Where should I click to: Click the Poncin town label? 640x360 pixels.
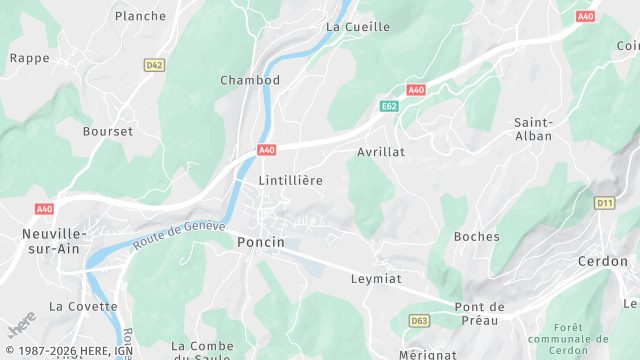261,242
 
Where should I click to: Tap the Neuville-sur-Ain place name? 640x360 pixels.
47,241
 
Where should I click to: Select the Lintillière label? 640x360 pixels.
291,180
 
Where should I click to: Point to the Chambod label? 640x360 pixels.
250,80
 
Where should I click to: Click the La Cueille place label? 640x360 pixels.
358,27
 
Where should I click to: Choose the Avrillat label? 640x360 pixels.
381,152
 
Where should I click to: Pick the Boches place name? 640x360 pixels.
476,237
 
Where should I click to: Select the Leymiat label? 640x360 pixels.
376,279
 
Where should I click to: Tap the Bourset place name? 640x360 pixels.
108,131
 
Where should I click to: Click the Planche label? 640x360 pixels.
140,16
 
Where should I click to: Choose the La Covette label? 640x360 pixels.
83,306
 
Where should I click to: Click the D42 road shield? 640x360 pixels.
154,65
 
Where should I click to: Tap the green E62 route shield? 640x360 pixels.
389,105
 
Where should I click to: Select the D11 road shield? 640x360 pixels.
604,203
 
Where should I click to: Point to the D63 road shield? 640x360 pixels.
419,320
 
